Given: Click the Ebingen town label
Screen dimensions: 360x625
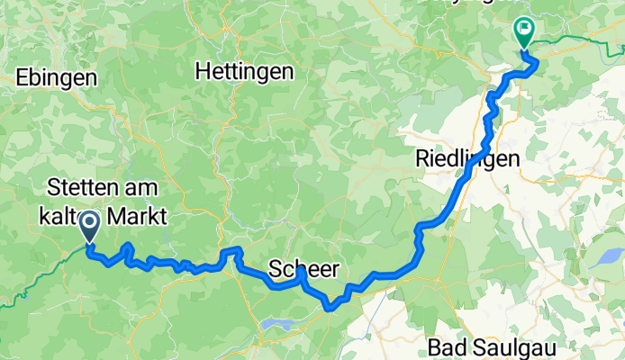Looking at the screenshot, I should click(x=56, y=78).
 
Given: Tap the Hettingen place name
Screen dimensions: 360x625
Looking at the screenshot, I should click(x=244, y=70).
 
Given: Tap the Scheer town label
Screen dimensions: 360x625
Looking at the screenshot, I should click(x=304, y=269).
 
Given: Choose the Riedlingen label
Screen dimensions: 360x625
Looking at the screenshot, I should click(x=467, y=159).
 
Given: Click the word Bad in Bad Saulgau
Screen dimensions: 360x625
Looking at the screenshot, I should click(x=447, y=346).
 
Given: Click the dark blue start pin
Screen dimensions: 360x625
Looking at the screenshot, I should click(x=90, y=223).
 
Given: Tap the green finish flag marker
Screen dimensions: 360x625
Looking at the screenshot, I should click(x=523, y=31).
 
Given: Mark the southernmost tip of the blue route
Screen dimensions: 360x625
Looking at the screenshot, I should click(x=331, y=308).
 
